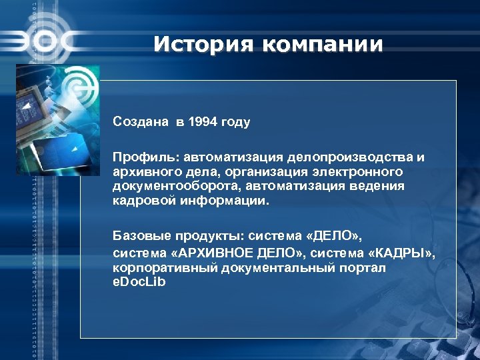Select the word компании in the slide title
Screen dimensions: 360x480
click(323, 45)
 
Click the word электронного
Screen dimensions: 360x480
click(359, 171)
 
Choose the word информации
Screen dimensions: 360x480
click(221, 200)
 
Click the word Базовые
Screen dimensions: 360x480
click(141, 236)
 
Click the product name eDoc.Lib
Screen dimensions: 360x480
click(139, 281)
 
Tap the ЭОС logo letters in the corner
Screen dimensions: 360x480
click(40, 41)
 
